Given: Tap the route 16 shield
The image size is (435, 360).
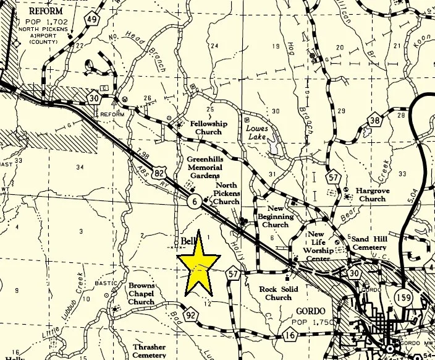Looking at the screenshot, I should point(290,335).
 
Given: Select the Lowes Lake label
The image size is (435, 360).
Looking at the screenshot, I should point(258,131).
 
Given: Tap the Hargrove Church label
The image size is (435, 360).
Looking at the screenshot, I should point(372,195).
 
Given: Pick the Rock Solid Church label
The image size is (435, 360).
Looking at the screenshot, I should point(279,293).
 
